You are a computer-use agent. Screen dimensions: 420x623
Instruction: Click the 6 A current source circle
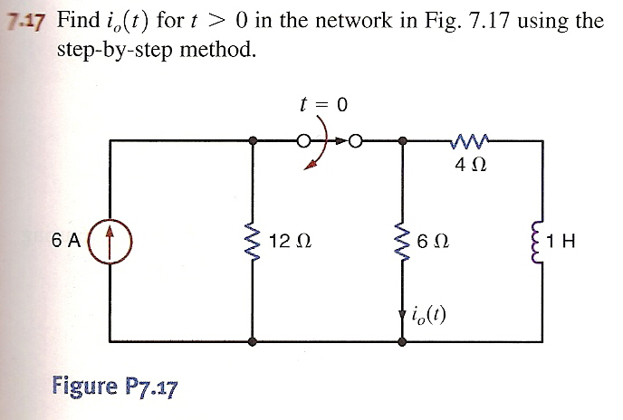(x=109, y=241)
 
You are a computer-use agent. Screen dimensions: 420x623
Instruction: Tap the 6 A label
(x=65, y=241)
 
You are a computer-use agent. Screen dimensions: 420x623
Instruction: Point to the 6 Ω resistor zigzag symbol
(x=401, y=242)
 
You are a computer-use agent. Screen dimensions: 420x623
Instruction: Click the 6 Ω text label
(x=434, y=242)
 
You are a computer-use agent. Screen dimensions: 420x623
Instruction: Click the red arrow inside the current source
(x=109, y=241)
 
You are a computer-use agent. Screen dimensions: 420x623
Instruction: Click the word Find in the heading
(x=78, y=21)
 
